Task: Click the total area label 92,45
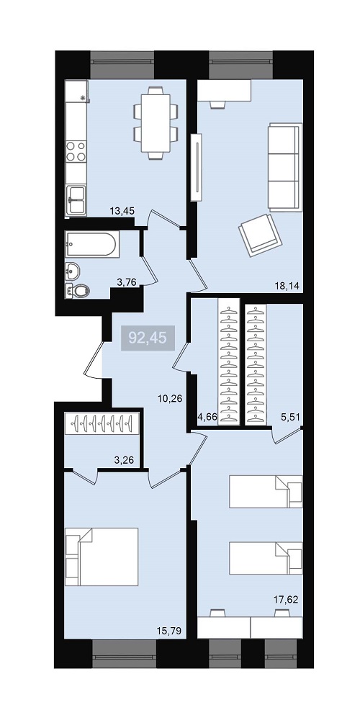tap(148, 338)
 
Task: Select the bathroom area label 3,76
tap(127, 282)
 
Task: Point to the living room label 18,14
tap(287, 286)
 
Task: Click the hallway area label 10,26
tap(170, 399)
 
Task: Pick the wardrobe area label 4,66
tap(206, 418)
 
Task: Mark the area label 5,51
tap(290, 418)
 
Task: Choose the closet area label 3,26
tap(124, 459)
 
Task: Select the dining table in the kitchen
tap(156, 123)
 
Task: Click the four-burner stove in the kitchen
tap(76, 151)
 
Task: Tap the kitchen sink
tap(76, 199)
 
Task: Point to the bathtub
tap(92, 243)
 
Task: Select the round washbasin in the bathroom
tap(73, 271)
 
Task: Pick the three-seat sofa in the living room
tap(285, 167)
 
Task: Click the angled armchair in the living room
tap(260, 235)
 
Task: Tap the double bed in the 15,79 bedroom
tap(102, 557)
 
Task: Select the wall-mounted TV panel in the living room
tap(197, 167)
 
